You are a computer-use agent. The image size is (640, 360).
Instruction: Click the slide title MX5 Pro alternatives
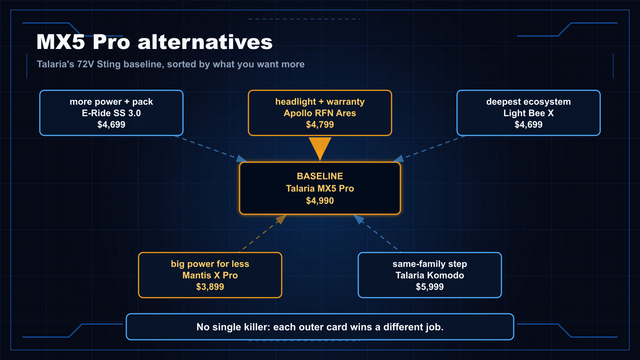coord(155,42)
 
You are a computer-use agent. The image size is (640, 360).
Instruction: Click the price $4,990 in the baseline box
coord(320,201)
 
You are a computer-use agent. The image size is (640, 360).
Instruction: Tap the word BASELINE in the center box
coord(320,176)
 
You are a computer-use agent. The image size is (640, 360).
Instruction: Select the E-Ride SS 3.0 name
coord(111,113)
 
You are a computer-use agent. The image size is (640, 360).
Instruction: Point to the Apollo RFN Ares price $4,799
coord(320,124)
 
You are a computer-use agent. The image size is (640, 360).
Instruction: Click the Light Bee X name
coord(528,113)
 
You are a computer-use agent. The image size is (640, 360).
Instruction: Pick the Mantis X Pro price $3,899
coord(210,287)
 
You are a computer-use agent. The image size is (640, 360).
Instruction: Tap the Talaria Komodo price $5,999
coord(430,287)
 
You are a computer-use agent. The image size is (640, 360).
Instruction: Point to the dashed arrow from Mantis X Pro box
coord(263,233)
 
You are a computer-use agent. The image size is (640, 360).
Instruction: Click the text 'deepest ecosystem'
coord(528,102)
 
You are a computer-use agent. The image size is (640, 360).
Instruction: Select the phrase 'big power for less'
coord(210,264)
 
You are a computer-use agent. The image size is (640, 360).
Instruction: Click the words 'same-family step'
coord(430,264)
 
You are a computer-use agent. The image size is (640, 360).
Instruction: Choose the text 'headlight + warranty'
coord(320,102)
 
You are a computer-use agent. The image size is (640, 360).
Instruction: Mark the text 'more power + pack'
coord(111,102)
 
